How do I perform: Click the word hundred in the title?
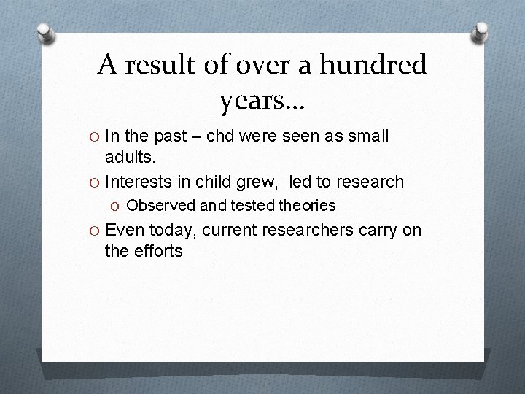(378, 66)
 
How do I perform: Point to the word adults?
(130, 157)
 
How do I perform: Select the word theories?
(306, 206)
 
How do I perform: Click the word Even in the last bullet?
(125, 231)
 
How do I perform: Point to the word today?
(171, 231)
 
